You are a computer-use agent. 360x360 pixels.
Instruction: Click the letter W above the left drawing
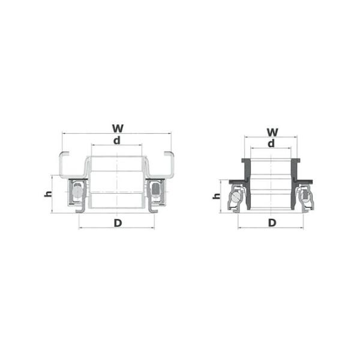118,128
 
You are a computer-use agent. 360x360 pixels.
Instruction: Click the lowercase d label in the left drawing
117,140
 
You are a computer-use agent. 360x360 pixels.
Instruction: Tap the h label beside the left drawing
48,194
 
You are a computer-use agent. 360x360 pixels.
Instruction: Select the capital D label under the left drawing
118,223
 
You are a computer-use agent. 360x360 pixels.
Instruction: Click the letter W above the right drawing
272,132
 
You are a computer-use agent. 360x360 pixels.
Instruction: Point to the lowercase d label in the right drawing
271,143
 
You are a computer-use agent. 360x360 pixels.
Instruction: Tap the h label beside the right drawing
217,196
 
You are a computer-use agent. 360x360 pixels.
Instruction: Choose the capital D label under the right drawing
272,223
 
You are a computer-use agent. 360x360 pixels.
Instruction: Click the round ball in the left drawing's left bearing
77,191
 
